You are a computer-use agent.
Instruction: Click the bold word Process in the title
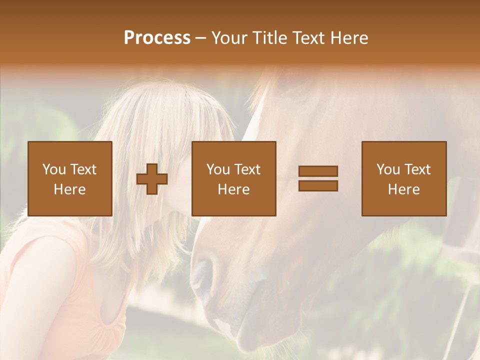click(157, 38)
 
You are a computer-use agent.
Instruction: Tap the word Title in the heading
click(269, 38)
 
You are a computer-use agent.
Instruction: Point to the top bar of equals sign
click(318, 171)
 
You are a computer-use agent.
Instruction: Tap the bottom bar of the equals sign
click(318, 185)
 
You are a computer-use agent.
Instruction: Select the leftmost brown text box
click(69, 178)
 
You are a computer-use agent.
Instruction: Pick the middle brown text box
click(233, 178)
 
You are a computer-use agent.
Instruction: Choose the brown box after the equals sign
click(403, 178)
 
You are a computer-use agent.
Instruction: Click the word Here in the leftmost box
click(69, 189)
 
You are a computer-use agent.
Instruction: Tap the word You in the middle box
click(218, 169)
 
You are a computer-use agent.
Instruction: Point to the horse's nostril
click(202, 272)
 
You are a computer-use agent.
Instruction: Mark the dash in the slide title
click(201, 38)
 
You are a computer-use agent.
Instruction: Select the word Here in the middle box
click(233, 189)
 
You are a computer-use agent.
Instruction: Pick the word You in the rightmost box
click(388, 169)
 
